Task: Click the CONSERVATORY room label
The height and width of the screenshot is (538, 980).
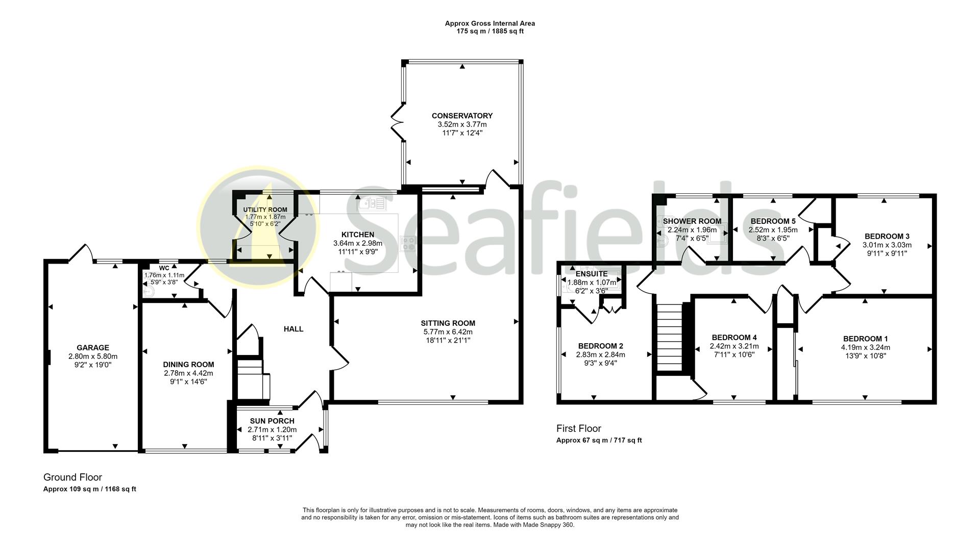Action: click(462, 116)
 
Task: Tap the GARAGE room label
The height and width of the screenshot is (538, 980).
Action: click(93, 348)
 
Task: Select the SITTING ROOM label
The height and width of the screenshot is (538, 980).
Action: click(448, 323)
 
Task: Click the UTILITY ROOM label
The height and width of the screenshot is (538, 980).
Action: click(265, 210)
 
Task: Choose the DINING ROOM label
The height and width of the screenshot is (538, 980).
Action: click(188, 365)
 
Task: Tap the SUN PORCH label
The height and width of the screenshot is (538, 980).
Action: click(272, 421)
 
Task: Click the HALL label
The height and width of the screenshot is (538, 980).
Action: click(293, 329)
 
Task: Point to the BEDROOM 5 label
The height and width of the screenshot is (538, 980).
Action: click(773, 221)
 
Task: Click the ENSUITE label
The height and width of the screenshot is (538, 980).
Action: click(592, 274)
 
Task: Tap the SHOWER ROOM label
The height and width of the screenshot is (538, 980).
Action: click(692, 221)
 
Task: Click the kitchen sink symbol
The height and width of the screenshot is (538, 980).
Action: click(373, 204)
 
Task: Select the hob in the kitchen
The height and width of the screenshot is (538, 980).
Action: click(408, 244)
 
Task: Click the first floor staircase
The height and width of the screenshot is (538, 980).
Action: click(669, 338)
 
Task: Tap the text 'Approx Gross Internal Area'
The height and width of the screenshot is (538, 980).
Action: click(490, 23)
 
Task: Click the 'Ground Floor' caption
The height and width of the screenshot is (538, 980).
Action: click(72, 477)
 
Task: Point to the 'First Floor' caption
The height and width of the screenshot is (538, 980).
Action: click(579, 428)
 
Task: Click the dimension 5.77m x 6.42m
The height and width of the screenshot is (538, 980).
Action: click(448, 331)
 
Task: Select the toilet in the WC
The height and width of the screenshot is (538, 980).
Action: click(149, 291)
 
